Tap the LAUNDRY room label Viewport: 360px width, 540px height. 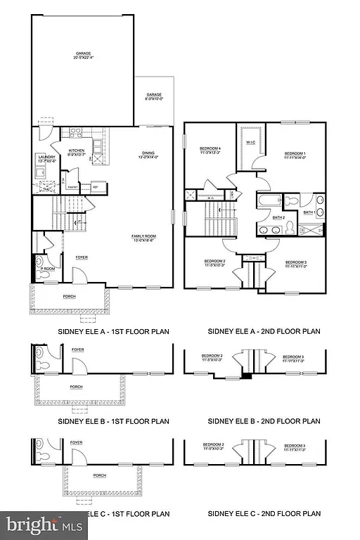(x=46, y=157)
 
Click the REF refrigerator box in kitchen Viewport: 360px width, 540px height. (x=94, y=186)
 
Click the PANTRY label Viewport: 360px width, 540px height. (x=72, y=187)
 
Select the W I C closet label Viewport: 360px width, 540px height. (x=250, y=141)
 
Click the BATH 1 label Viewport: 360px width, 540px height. (x=309, y=212)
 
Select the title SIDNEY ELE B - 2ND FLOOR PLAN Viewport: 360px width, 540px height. (x=264, y=421)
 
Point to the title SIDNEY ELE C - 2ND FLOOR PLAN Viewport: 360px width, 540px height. (x=264, y=514)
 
